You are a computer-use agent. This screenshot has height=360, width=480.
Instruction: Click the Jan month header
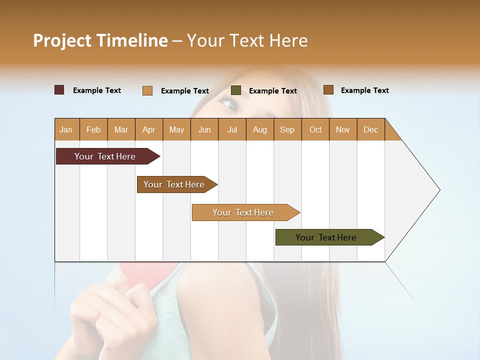66,129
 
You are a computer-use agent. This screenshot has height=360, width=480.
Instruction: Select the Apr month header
148,129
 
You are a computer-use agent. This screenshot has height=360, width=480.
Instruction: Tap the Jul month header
232,129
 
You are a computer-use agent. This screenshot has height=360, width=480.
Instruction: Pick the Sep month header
287,129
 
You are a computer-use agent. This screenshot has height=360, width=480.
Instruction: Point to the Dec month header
370,129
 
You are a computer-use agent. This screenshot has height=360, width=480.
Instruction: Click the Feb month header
93,129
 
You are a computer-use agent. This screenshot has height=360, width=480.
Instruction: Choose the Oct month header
315,129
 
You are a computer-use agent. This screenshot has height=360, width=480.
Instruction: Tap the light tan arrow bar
244,212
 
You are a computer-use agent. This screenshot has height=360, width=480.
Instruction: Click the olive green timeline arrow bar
327,237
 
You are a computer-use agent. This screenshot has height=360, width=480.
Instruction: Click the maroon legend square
59,90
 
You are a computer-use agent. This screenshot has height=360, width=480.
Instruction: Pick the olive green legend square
236,90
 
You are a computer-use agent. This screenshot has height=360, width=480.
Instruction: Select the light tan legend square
147,90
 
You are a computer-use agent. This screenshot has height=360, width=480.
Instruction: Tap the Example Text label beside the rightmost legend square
364,90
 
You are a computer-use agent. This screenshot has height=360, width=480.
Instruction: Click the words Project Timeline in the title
100,40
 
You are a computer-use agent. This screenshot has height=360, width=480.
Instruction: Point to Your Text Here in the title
247,40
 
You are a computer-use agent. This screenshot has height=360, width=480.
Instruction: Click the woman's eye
228,104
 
